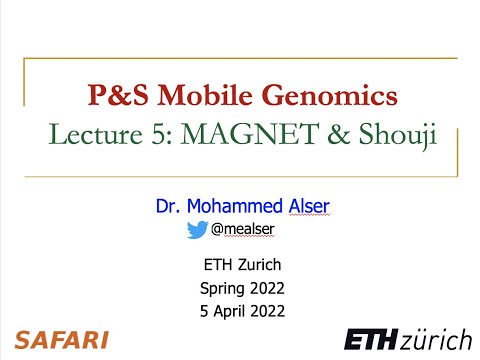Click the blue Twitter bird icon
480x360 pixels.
point(197,229)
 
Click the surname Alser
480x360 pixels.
point(298,207)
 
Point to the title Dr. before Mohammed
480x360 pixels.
point(167,207)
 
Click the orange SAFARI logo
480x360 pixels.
point(61,339)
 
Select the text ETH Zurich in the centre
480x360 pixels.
point(240,265)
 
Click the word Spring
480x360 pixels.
point(222,288)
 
